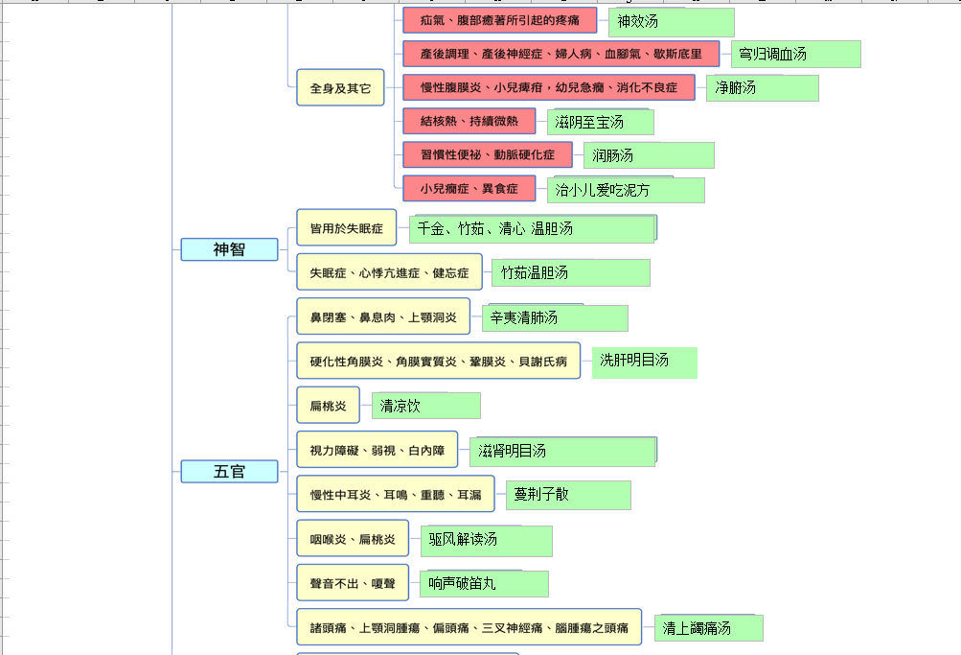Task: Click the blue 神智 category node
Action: point(229,249)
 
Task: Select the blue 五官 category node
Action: point(229,471)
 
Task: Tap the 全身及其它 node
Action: point(340,87)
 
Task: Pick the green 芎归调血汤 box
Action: point(795,54)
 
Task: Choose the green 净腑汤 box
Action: point(763,87)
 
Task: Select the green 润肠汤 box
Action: point(649,154)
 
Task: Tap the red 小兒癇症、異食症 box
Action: point(469,189)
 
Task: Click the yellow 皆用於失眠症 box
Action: point(346,228)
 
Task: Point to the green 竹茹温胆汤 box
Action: point(570,272)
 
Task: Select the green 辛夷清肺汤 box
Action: point(555,317)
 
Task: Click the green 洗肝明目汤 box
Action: point(644,362)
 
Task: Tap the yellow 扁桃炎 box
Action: point(328,406)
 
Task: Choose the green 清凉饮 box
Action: point(426,406)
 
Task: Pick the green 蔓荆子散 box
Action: point(568,495)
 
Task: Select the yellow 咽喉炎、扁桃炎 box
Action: point(353,539)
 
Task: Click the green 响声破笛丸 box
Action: point(484,583)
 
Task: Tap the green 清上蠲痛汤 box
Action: point(708,628)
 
